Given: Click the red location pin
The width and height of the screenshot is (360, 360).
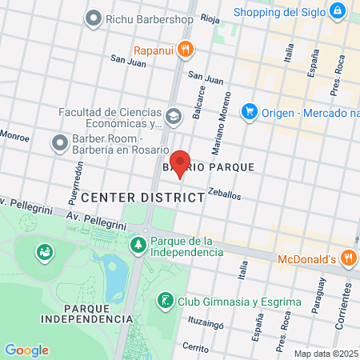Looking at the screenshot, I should pyautogui.click(x=181, y=162).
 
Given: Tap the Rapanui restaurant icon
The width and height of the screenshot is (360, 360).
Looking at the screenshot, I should pyautogui.click(x=186, y=50).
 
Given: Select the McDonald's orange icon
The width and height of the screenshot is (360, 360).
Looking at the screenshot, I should pyautogui.click(x=348, y=258).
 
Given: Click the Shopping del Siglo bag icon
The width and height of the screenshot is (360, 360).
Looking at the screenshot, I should pyautogui.click(x=338, y=12).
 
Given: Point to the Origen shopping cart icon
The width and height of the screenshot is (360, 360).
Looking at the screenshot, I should pyautogui.click(x=249, y=110).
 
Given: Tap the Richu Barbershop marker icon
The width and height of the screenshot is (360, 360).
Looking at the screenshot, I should pyautogui.click(x=94, y=17).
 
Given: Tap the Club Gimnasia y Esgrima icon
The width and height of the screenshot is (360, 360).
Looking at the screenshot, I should pyautogui.click(x=166, y=301).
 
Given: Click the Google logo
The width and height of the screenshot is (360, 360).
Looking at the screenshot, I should pyautogui.click(x=26, y=350).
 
